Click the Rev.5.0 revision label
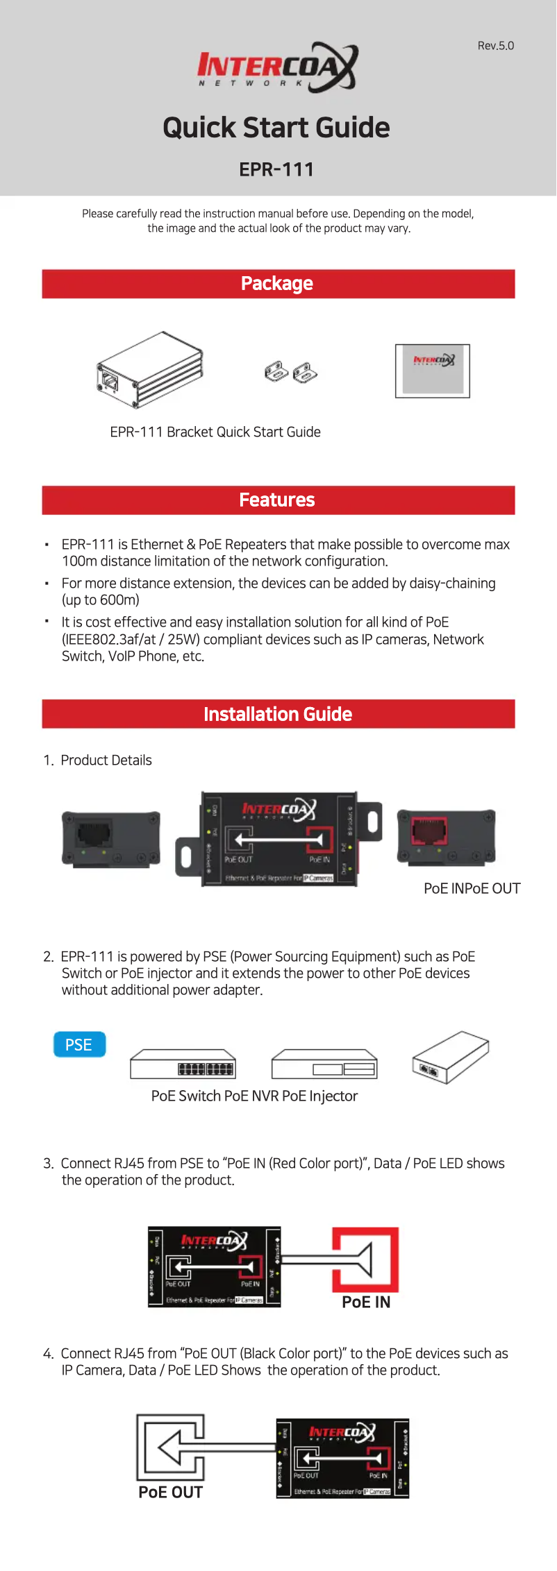coord(495,46)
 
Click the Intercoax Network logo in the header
coord(277,68)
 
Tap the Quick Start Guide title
coord(276,128)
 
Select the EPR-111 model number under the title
coord(276,169)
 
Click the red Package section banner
coord(278,284)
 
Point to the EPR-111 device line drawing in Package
coord(150,370)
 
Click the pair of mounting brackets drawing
coord(291,372)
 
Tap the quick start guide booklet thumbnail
coord(432,371)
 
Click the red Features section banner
coord(278,500)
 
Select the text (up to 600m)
coord(101,600)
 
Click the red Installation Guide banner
coord(278,714)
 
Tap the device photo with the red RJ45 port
coord(446,836)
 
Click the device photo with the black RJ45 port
coord(111,838)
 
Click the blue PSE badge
coord(79,1044)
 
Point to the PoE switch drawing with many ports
coord(183,1064)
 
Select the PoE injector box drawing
coord(450,1057)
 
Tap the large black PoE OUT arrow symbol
coord(171,1447)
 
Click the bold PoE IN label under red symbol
coord(366,1302)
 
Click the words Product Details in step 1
coord(106,761)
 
